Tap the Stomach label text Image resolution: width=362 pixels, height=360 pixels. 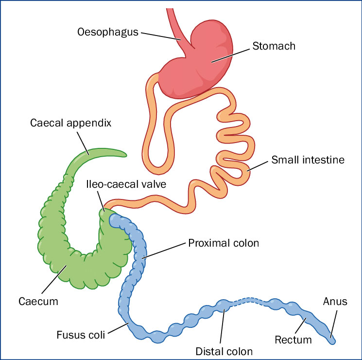click(x=274, y=46)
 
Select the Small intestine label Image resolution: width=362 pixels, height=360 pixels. click(x=308, y=160)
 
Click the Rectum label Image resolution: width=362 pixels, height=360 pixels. click(x=293, y=339)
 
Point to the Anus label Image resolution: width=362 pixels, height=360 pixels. click(x=335, y=302)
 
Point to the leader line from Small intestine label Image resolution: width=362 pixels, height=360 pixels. click(x=258, y=165)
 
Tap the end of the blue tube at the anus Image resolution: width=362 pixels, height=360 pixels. click(x=333, y=340)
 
